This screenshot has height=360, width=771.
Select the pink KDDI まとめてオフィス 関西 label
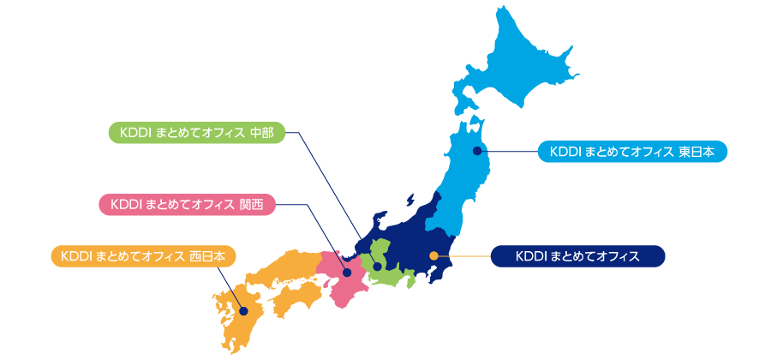tap(187, 204)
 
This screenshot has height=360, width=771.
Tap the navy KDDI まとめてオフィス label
tap(577, 255)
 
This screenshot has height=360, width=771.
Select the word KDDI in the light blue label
tap(565, 152)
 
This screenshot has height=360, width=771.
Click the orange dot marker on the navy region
tap(433, 255)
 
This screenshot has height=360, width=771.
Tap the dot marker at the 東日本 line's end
tap(477, 152)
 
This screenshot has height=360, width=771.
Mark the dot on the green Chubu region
tap(378, 267)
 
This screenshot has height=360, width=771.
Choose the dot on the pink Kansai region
tap(347, 273)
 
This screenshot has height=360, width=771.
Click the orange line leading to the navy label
tap(463, 255)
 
